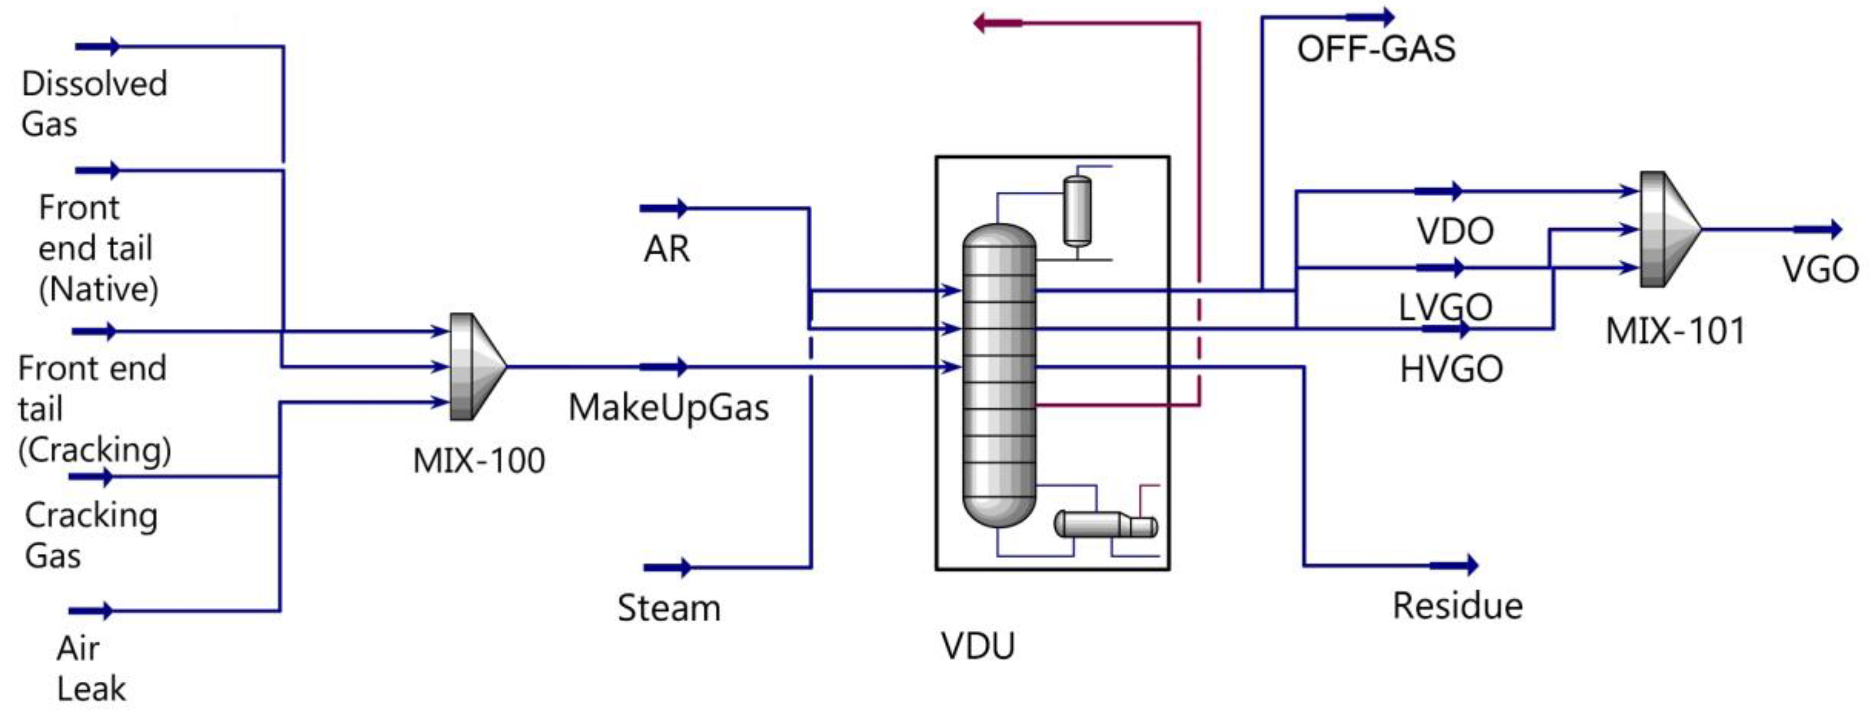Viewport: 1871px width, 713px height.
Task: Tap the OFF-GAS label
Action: (x=1375, y=49)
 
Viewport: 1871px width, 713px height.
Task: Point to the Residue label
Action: (x=1457, y=605)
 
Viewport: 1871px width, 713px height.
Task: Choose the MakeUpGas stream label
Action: (x=668, y=407)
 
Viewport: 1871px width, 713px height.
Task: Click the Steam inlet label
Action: (x=669, y=608)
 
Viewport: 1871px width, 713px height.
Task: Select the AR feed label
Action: (x=666, y=249)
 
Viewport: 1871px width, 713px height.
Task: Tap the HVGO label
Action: (x=1450, y=369)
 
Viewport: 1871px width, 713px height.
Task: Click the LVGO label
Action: (x=1445, y=307)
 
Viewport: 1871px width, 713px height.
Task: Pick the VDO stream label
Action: (x=1455, y=232)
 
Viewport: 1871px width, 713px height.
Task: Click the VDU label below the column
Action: (x=978, y=645)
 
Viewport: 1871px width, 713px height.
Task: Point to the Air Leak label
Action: (x=91, y=668)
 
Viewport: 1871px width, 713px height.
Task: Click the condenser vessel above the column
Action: (x=1076, y=211)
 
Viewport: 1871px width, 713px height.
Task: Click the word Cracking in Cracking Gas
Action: (x=91, y=516)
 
